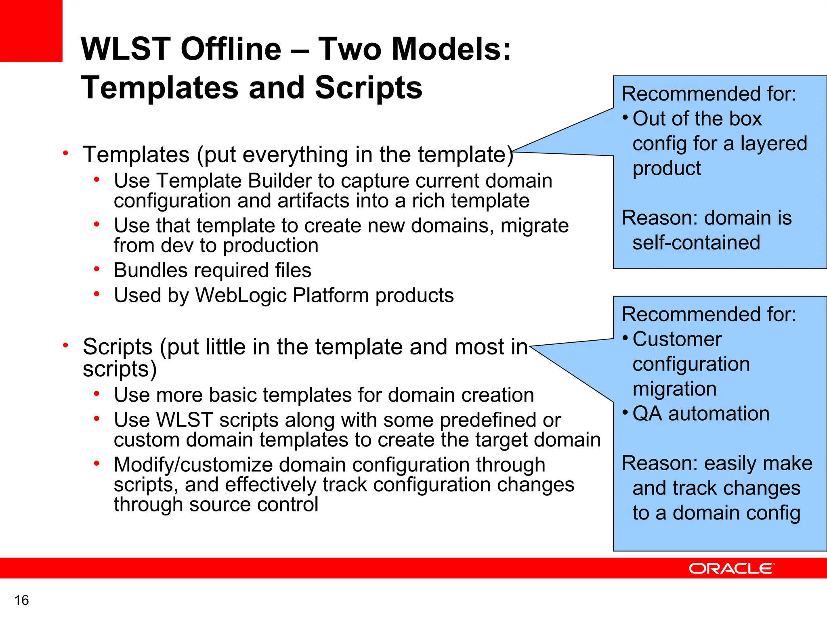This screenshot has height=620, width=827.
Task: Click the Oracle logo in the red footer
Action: click(731, 568)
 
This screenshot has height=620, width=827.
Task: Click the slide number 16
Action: click(22, 600)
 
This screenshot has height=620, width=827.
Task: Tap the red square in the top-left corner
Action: click(31, 31)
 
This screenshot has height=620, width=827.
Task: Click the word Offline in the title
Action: click(231, 49)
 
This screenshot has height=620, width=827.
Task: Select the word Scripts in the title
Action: click(368, 88)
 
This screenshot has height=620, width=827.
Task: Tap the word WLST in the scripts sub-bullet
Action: click(185, 420)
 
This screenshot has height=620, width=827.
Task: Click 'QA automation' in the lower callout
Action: click(701, 414)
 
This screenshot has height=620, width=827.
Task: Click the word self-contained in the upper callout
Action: click(696, 243)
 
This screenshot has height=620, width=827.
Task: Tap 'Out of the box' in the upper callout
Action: click(697, 119)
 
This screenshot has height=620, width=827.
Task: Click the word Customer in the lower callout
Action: click(677, 339)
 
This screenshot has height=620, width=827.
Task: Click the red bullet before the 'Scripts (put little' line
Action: click(65, 345)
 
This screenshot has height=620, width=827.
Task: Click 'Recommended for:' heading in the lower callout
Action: click(709, 314)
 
